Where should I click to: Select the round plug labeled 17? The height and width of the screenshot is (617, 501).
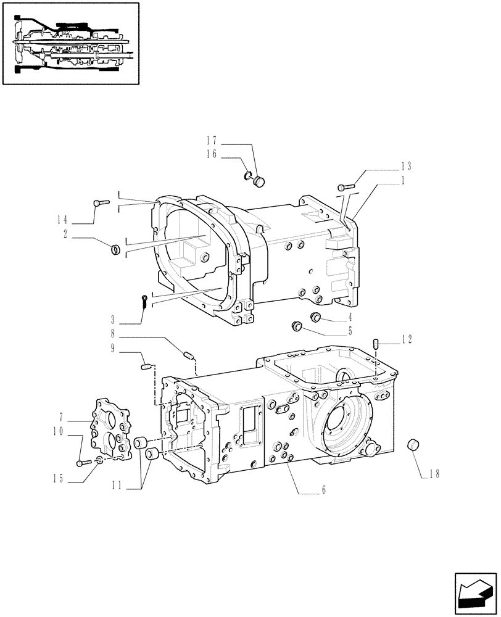pos(259,181)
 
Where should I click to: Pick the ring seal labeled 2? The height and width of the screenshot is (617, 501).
pos(114,249)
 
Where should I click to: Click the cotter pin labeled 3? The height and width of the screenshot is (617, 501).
pos(143,301)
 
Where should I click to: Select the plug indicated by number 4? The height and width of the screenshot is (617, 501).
pos(317,317)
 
